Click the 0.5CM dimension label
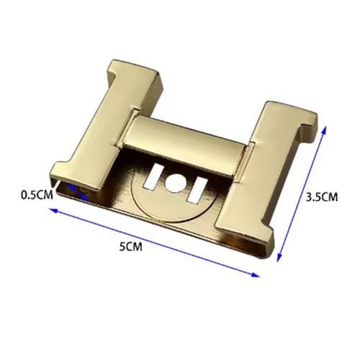click(37, 195)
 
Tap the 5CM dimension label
click(131, 246)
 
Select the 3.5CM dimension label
click(322, 197)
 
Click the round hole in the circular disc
click(175, 183)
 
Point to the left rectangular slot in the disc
click(153, 176)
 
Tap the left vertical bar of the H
click(106, 127)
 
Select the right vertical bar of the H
click(266, 173)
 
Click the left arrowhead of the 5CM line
click(53, 210)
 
